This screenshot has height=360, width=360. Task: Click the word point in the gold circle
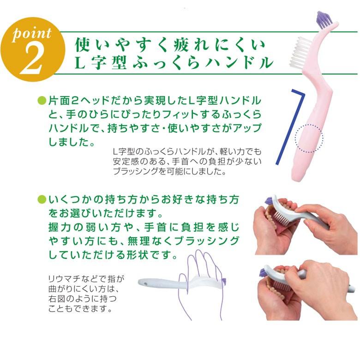click(x=31, y=34)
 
